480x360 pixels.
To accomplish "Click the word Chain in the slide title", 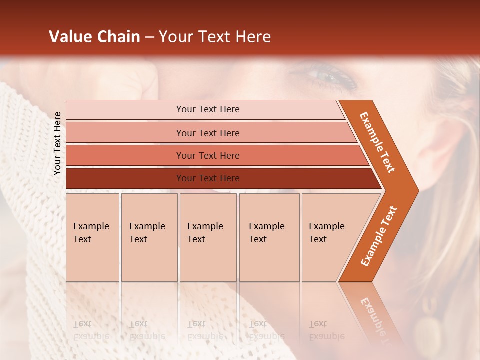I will (118, 37).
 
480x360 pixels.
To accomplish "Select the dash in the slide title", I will (149, 37).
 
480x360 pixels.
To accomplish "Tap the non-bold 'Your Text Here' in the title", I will (215, 37).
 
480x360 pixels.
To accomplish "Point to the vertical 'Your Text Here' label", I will (57, 143).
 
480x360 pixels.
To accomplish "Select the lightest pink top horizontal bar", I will (207, 109).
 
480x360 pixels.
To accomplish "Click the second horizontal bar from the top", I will (207, 133).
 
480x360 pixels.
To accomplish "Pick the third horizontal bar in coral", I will (207, 155).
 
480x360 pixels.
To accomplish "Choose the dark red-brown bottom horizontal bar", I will (207, 178).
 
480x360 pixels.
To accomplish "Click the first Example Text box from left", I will (92, 237).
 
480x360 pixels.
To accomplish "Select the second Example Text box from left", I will (149, 237).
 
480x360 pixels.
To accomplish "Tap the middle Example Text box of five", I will (208, 237).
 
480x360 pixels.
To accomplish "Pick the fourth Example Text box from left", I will (269, 237).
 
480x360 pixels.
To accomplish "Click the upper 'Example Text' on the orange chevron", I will (377, 142).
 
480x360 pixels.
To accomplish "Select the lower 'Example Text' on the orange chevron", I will (379, 236).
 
